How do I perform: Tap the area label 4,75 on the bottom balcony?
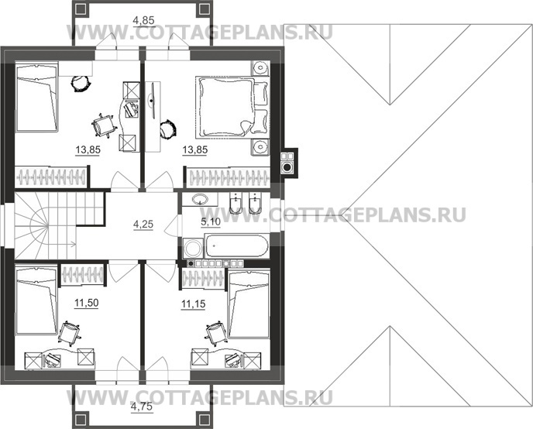point(142,405)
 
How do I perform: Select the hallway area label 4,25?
point(143,225)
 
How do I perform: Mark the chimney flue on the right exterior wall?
point(287,163)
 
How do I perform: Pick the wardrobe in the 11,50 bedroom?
point(82,275)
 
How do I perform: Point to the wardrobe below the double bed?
point(226,176)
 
